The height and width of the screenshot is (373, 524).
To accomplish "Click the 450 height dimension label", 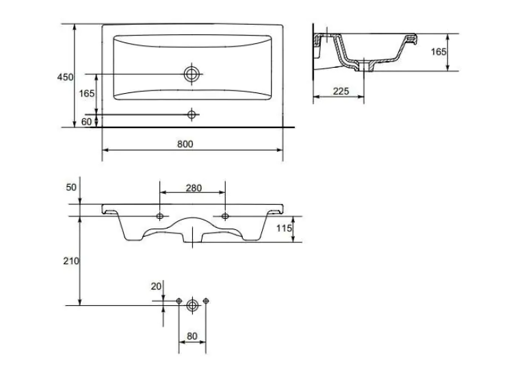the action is click(x=65, y=77).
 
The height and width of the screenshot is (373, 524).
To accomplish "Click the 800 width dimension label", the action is click(x=185, y=144).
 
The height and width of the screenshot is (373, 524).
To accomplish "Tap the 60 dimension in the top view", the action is click(x=86, y=122).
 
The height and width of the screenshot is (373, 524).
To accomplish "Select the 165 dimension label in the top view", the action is click(x=87, y=93).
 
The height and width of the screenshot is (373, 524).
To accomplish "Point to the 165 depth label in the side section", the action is click(x=438, y=52).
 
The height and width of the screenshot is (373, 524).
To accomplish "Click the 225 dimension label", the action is click(x=341, y=91).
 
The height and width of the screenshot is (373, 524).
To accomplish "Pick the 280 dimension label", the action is click(x=194, y=188).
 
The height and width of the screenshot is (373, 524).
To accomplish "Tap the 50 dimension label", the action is click(x=71, y=188).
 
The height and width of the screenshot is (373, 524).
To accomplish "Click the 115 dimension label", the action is click(x=284, y=229).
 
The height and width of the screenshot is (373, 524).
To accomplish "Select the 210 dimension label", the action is click(x=71, y=261).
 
